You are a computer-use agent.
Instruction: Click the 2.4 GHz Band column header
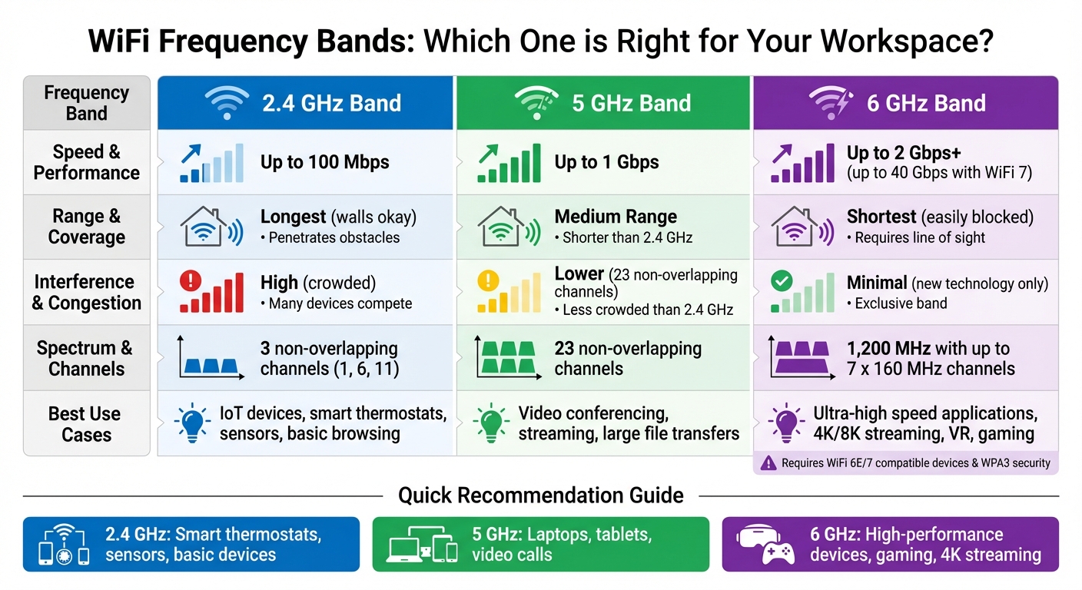(x=331, y=103)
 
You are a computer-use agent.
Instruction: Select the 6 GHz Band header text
(x=926, y=103)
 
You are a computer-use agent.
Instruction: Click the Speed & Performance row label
(x=86, y=162)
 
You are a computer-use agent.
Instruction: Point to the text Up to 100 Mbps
(x=324, y=162)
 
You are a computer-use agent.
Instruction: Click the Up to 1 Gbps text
(x=606, y=162)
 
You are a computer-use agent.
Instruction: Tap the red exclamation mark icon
(x=190, y=281)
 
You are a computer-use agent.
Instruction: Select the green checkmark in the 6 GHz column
(x=781, y=281)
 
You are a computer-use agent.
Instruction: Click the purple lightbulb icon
(x=785, y=423)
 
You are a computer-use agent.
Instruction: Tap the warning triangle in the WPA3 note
(x=768, y=462)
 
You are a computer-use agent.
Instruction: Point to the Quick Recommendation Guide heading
(x=540, y=496)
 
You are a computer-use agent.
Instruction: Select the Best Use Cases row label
(x=85, y=424)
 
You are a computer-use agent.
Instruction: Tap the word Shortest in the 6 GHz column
(x=881, y=217)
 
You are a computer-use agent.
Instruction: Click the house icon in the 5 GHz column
(x=500, y=227)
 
